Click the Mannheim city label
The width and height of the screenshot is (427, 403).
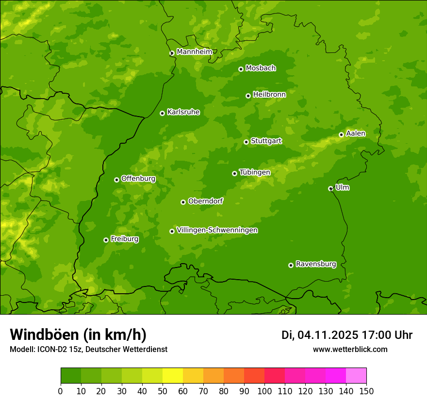(194, 52)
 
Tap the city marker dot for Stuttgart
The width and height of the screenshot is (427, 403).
(246, 142)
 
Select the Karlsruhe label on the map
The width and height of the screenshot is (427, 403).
(183, 112)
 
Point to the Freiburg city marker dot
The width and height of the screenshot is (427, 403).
(106, 240)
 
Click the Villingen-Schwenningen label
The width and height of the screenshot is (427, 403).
(217, 230)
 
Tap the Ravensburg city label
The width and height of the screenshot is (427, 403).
(315, 264)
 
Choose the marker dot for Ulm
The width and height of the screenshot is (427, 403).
(330, 188)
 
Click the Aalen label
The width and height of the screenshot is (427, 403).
(356, 134)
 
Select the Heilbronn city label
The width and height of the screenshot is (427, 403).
(269, 95)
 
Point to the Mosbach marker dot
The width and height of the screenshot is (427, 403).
(241, 69)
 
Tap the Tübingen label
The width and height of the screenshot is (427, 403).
(254, 172)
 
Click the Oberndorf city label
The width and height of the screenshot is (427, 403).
(205, 201)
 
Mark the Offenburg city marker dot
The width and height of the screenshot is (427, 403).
(116, 180)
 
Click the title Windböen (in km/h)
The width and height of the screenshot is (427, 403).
(78, 335)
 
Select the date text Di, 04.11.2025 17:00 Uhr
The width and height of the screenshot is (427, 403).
(346, 335)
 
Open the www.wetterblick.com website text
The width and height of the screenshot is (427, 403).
(350, 349)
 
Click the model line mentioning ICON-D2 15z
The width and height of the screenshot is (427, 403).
(88, 349)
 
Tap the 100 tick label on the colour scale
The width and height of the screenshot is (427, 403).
(264, 391)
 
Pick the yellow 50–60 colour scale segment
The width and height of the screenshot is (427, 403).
(173, 376)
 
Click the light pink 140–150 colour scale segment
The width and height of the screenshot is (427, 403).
(356, 376)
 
